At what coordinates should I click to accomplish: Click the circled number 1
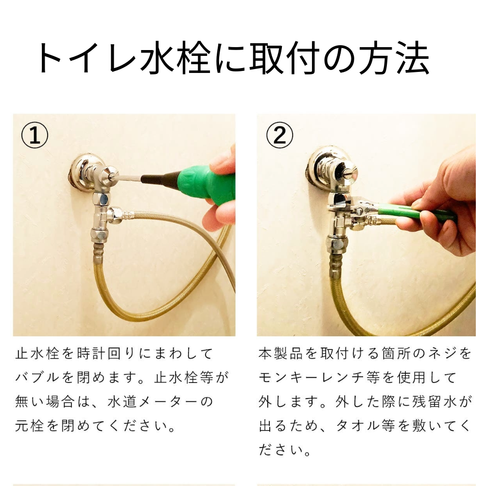point(35,136)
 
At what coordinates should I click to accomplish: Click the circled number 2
point(279,136)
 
